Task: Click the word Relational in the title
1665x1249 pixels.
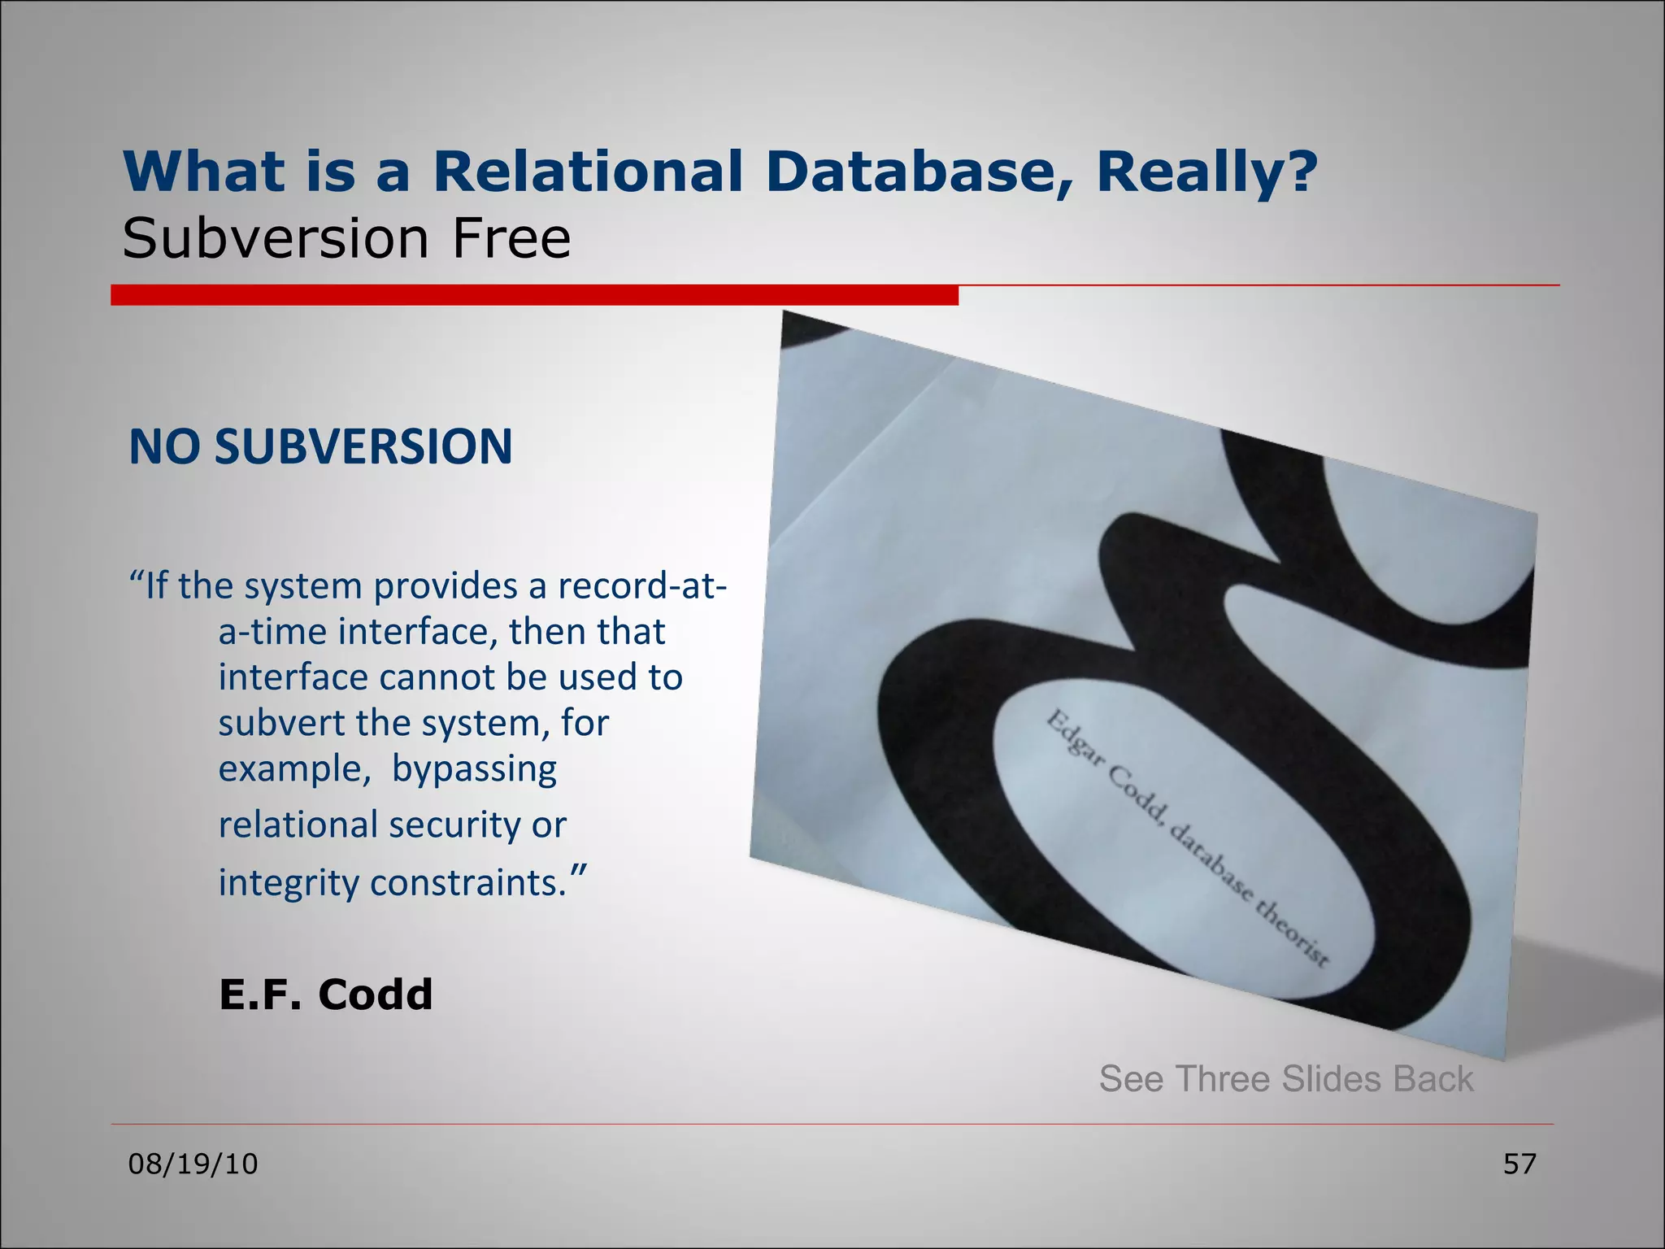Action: click(x=587, y=172)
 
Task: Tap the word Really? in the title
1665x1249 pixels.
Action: click(x=1206, y=172)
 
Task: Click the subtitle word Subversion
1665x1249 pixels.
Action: click(x=275, y=239)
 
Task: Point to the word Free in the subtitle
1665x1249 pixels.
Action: click(x=511, y=239)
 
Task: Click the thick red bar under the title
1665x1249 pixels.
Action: click(x=534, y=295)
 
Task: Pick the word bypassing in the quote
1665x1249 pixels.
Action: click(x=474, y=769)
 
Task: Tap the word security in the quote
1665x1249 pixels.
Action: click(x=455, y=825)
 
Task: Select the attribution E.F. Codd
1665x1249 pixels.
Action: click(x=325, y=994)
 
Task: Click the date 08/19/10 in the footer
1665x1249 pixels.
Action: click(x=193, y=1164)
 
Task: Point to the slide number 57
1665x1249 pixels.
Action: click(x=1519, y=1164)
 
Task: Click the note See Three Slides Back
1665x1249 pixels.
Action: click(x=1285, y=1079)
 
